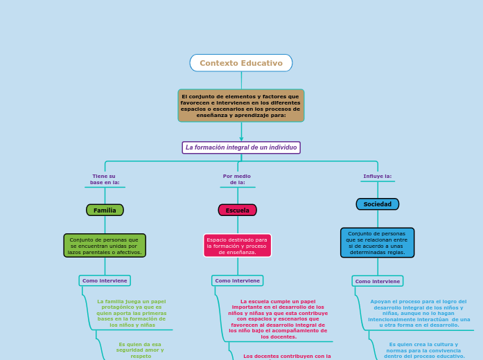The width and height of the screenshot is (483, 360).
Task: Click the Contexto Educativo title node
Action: click(241, 63)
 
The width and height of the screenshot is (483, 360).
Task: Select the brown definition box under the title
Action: click(241, 105)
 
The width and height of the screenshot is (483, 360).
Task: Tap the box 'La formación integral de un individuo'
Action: click(241, 147)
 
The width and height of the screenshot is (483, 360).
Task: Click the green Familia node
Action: click(105, 210)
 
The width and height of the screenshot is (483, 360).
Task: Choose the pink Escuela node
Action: click(237, 210)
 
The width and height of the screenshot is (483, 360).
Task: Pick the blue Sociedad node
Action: click(378, 204)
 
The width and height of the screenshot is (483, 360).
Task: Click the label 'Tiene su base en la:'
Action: click(105, 179)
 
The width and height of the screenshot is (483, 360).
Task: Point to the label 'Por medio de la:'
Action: click(237, 179)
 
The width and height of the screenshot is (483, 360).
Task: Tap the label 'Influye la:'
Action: click(378, 177)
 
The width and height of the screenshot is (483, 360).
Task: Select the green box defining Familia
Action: click(105, 245)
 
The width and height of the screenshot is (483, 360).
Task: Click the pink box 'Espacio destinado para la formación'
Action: click(237, 245)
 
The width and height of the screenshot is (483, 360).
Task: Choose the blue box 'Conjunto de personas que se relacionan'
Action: click(378, 243)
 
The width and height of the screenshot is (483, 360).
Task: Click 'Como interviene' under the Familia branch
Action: click(105, 280)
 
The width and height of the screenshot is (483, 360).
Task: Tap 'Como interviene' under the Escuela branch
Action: click(237, 280)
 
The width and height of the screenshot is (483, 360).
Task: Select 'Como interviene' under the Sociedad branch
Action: click(378, 281)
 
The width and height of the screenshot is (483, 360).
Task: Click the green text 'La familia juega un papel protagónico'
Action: click(132, 313)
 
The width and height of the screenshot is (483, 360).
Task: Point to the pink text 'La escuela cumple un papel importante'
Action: click(278, 319)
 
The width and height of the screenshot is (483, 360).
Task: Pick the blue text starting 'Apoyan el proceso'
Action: click(419, 313)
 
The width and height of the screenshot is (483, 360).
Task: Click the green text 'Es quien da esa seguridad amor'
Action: click(141, 350)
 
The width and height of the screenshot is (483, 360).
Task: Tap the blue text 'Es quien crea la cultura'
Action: click(424, 350)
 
